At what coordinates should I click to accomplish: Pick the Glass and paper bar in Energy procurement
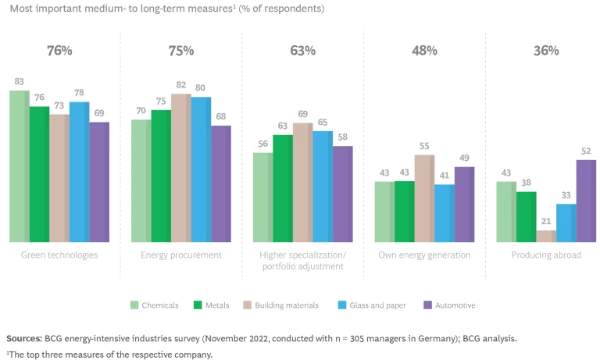202,169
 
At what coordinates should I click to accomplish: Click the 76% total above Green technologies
59,51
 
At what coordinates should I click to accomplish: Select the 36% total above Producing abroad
546,51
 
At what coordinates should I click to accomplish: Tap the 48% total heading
424,51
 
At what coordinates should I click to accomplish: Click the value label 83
20,81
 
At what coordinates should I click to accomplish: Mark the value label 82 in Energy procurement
180,84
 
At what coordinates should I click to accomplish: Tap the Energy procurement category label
181,255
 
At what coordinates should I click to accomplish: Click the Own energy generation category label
425,255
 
